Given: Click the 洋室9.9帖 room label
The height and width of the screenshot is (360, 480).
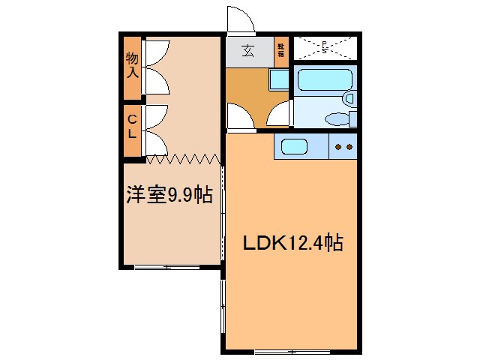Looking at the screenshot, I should pos(169,196).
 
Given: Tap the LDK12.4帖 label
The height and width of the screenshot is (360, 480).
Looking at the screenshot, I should pos(292,243).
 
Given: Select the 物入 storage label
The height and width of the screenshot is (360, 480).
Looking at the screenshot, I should pos(133,66).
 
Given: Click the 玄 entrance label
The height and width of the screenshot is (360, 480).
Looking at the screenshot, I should pos(248,52).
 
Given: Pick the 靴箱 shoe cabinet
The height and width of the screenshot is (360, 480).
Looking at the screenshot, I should pos(281,50).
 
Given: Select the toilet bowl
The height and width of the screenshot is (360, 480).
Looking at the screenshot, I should pos(337,118).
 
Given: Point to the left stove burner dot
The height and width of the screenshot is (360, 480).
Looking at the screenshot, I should pos(339,147).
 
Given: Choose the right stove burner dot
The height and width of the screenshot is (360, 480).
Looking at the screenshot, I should pos(349,147).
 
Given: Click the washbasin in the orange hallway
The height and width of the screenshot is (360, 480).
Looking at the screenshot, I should pos(278,79).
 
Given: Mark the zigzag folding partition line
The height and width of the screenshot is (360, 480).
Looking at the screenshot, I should pos(182,158).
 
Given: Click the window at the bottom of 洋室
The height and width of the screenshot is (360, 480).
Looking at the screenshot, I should pos(166,266).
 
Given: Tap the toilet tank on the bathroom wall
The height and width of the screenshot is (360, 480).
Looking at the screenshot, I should pos(353,118).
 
